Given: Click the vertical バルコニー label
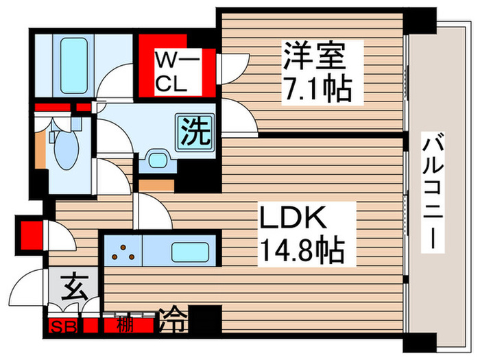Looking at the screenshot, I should click(433, 191).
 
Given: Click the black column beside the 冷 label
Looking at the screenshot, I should click(206, 320).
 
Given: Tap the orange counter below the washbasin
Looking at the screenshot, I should click(156, 184).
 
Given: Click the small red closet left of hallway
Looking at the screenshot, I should click(29, 234).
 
